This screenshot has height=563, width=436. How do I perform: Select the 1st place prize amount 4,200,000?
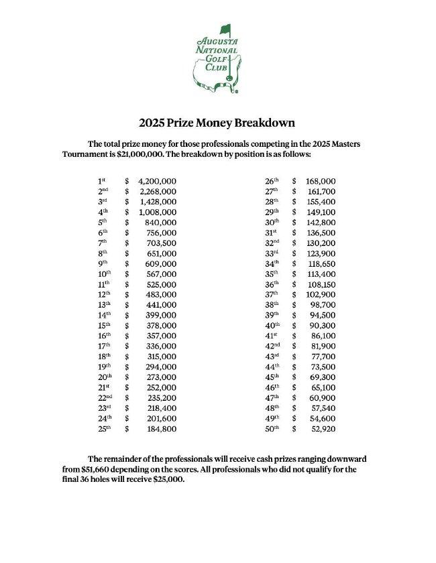coord(157,181)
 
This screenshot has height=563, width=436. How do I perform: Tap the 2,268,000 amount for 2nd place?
coord(157,192)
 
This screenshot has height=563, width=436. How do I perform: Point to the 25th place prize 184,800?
coord(161,429)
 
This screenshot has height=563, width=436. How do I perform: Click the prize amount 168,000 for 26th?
coord(321,181)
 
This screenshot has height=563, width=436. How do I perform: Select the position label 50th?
coord(271,429)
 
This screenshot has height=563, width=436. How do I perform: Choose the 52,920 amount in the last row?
coord(323,429)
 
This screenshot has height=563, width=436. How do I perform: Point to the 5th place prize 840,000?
coord(162,223)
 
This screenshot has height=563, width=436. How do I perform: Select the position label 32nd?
coord(271,243)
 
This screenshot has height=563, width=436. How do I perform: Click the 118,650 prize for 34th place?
coord(321,264)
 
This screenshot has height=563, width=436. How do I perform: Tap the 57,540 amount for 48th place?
coord(323,408)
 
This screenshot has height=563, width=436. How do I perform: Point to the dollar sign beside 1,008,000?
coord(127,212)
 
